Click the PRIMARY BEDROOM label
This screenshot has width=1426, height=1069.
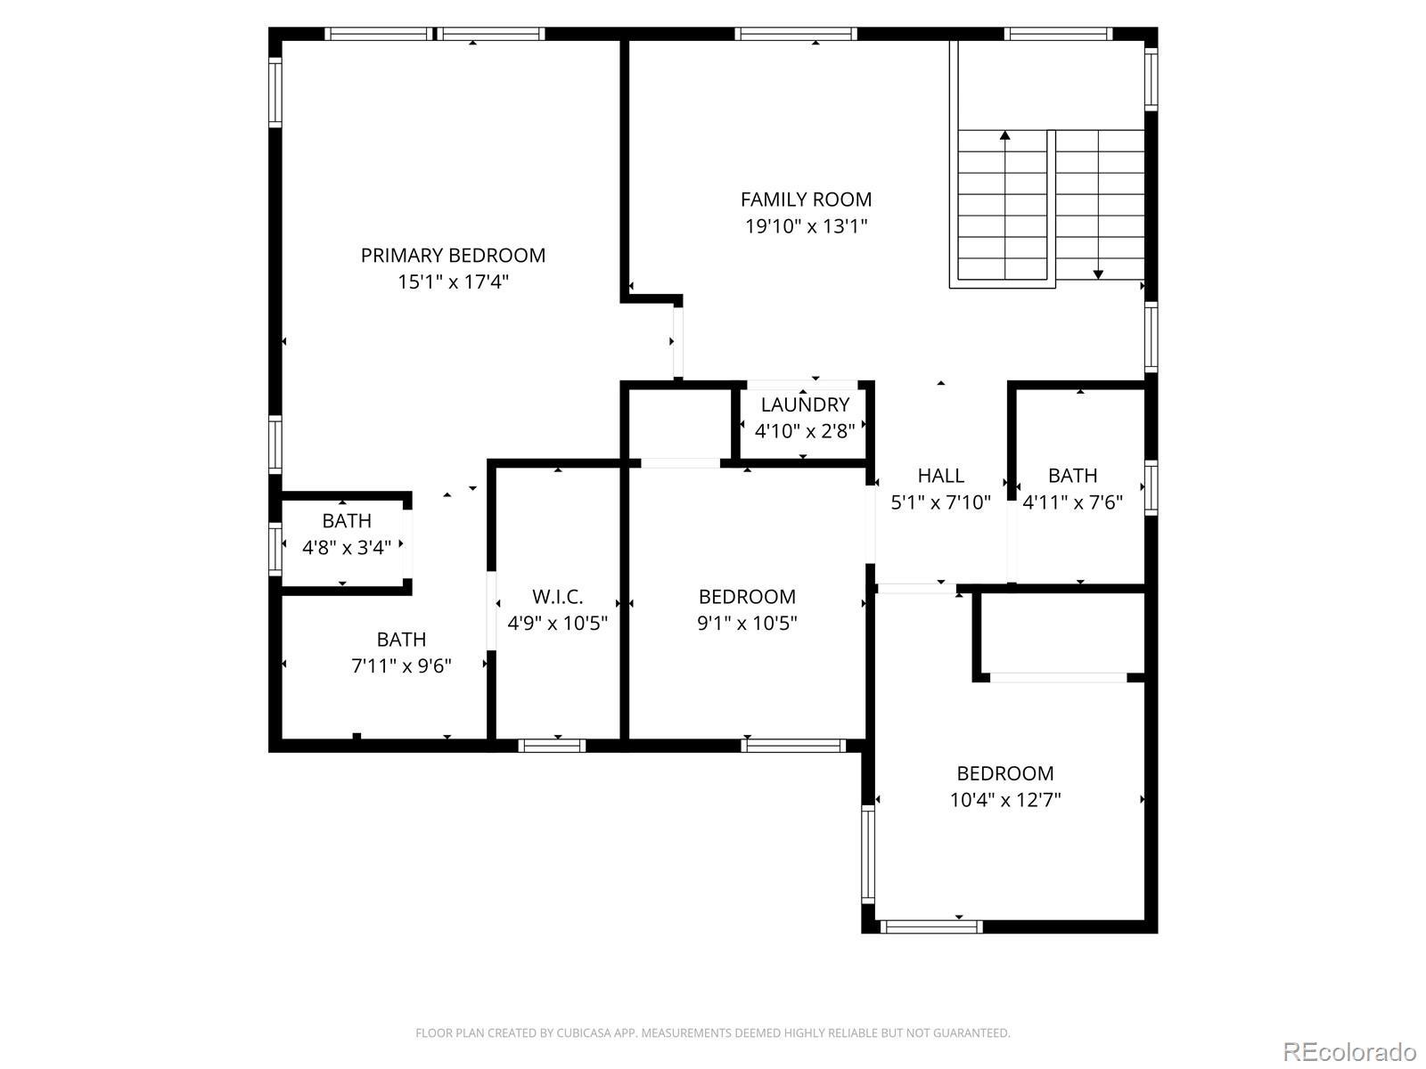pos(453,256)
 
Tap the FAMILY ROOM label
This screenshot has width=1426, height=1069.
pos(807,200)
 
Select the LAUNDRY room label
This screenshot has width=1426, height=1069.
pos(805,405)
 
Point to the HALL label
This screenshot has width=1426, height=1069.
pos(940,476)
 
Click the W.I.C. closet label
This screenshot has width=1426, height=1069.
pos(557,597)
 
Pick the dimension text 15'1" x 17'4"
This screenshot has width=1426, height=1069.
pos(453,282)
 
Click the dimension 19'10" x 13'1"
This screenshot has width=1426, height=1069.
pos(807,226)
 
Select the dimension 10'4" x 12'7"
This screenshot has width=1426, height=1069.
pos(1005,800)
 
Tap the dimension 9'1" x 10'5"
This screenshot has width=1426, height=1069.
pos(747,623)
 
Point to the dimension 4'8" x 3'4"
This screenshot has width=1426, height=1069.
pos(347,547)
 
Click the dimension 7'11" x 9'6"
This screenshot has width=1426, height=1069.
pos(401,666)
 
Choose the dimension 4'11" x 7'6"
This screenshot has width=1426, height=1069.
pos(1072,502)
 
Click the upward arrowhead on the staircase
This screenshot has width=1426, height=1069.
pos(1005,135)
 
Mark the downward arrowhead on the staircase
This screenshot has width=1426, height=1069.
pos(1098,274)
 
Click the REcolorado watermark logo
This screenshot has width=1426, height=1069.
pos(1350,1051)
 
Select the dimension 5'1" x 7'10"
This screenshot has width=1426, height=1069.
pos(940,502)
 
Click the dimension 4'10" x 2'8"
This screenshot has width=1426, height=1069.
pos(805,431)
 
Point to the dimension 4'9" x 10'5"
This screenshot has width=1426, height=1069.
pos(557,623)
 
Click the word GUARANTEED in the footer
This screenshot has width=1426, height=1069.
pos(976,1032)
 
